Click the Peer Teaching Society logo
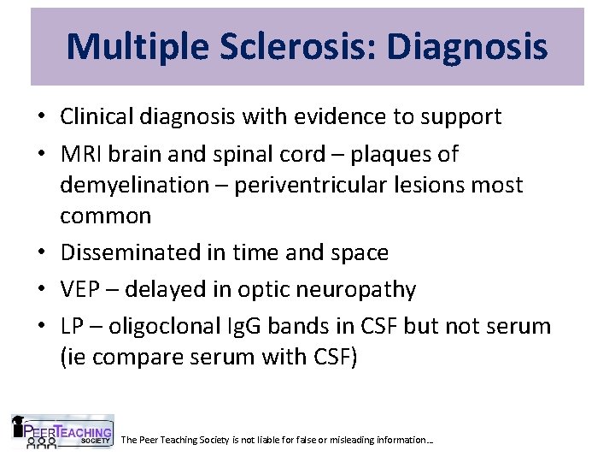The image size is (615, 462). click(x=61, y=432)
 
